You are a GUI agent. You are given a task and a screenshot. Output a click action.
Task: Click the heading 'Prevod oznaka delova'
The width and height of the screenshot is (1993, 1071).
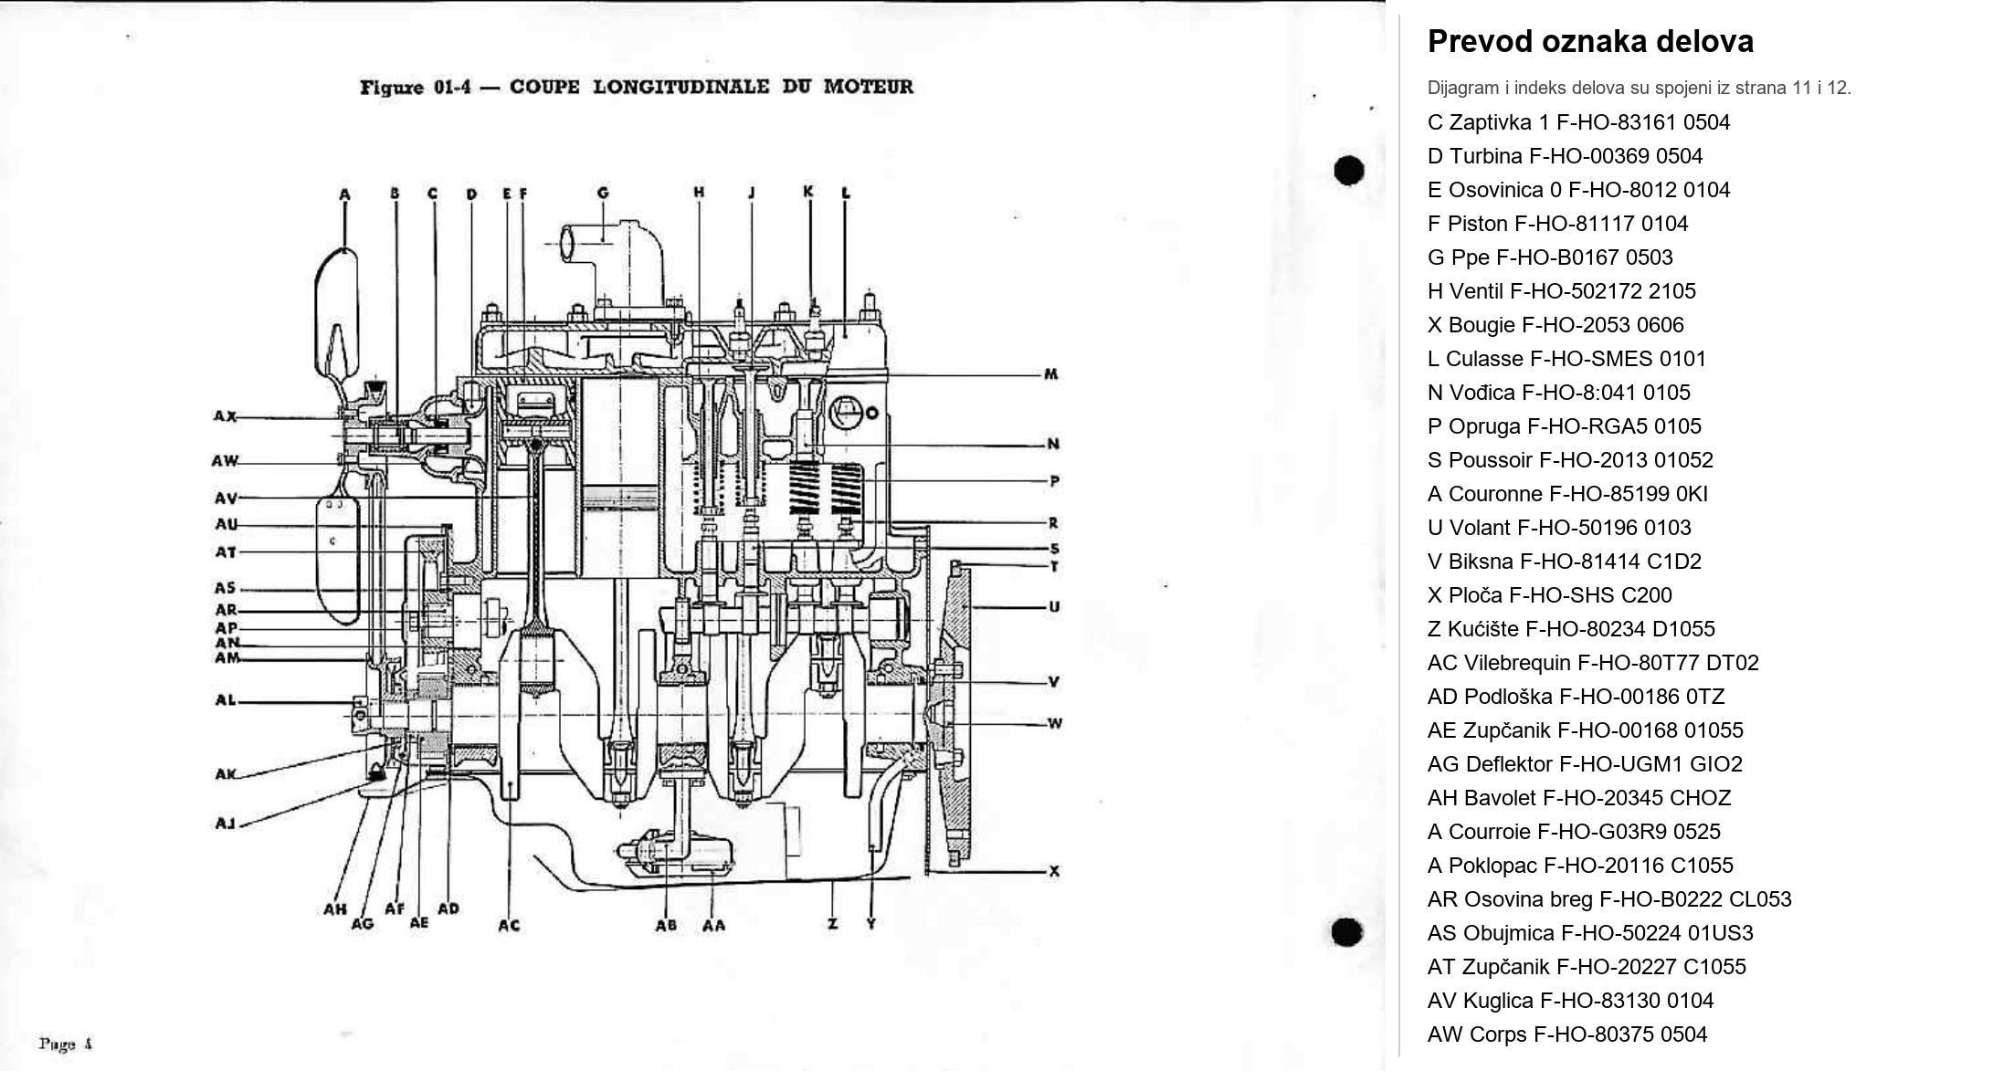pos(1589,42)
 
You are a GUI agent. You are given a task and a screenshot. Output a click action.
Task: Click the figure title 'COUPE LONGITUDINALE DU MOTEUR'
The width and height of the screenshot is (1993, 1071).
pos(711,87)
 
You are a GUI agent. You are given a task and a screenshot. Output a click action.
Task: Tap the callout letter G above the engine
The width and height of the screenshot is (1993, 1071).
pos(603,193)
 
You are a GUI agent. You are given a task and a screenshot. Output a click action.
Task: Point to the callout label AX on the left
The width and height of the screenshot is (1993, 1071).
pos(225,416)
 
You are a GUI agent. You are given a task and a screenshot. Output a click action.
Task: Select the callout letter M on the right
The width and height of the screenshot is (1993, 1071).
pos(1050,374)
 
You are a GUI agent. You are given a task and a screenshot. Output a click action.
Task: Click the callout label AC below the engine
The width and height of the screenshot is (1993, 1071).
pos(509,926)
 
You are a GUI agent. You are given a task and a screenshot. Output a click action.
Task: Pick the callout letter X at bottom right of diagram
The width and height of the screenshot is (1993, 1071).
pos(1054,871)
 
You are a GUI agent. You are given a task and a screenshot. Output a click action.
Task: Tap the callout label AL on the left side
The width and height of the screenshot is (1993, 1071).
pos(225,700)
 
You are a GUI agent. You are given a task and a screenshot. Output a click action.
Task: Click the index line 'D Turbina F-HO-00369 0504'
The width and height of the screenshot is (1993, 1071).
pos(1565,156)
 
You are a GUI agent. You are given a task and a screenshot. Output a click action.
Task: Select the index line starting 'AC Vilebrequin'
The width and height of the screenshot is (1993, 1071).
pos(1592,663)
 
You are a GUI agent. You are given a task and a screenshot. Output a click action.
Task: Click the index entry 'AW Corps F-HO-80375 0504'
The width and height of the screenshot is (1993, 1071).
pos(1566,1034)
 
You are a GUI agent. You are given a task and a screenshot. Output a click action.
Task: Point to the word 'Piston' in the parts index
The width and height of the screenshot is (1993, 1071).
pos(1476,224)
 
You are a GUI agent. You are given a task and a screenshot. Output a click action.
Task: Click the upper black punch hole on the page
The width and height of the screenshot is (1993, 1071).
pos(1349,171)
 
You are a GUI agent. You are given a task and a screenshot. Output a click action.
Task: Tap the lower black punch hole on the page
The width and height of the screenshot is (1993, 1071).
pos(1347,932)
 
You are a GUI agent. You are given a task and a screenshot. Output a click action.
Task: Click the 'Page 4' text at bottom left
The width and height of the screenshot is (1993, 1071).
pos(65,1043)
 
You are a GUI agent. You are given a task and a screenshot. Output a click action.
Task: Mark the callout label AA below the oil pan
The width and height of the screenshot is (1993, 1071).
pos(713,926)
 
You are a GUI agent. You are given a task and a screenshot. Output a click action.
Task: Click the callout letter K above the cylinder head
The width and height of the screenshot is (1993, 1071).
pos(808,192)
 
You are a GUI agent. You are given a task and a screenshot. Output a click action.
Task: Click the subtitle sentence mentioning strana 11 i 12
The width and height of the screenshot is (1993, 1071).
pos(1639,89)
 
